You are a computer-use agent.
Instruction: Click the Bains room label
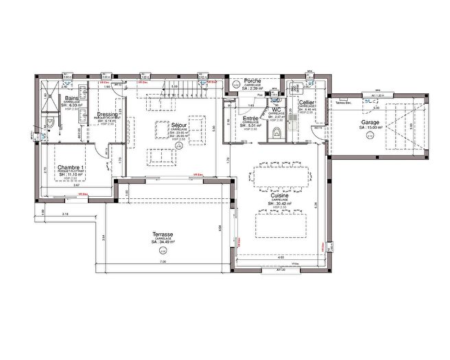pyautogui.click(x=71, y=98)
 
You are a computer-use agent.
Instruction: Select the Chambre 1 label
pyautogui.click(x=71, y=167)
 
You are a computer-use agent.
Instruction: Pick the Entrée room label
pyautogui.click(x=250, y=118)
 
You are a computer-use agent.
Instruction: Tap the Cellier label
pyautogui.click(x=307, y=102)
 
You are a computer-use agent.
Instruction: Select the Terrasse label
pyautogui.click(x=163, y=235)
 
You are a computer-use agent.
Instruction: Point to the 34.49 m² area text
pyautogui.click(x=163, y=242)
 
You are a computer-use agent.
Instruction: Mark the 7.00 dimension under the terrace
pyautogui.click(x=163, y=262)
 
